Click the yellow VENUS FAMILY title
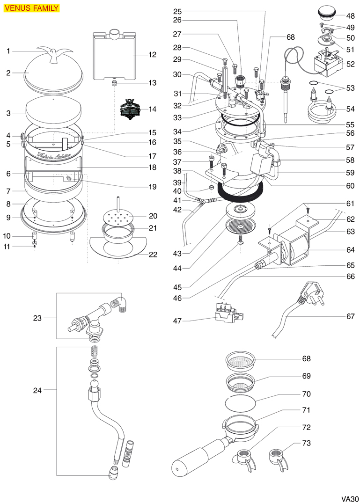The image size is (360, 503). point(31,8)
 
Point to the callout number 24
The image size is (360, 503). point(37,390)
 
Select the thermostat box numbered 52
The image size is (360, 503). point(328,64)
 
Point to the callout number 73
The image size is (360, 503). point(306,443)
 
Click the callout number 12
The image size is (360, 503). point(152,55)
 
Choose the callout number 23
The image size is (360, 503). point(37,318)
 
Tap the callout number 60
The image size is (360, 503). point(351,186)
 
